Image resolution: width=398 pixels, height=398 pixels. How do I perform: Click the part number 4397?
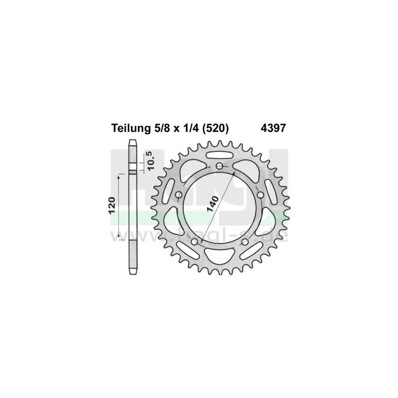point(273,128)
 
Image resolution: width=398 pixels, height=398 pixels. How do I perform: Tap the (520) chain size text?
point(213,128)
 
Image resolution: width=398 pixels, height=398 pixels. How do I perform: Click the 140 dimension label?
point(213,202)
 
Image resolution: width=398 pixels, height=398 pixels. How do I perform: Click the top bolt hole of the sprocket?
point(219,165)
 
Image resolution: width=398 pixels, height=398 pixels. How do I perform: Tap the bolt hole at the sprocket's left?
point(179,194)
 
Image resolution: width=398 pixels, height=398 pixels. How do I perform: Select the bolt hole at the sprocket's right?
point(260,194)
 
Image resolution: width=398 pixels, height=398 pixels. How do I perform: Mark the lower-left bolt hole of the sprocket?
point(194,242)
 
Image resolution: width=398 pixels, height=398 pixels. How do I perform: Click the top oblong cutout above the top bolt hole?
point(219,155)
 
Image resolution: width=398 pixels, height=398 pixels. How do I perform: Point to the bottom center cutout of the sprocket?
point(219,260)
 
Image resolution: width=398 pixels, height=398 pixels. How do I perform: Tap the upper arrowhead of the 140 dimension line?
point(234,172)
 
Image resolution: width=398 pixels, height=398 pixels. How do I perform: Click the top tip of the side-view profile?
point(133,141)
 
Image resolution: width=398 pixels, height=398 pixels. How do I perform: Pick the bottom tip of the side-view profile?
point(133,275)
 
